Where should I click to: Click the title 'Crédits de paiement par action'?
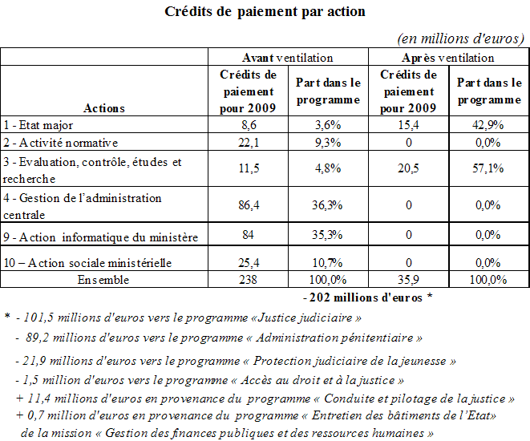[265, 12]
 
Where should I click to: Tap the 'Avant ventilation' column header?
[288, 58]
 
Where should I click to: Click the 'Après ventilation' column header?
[448, 58]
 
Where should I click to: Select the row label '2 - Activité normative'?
[60, 143]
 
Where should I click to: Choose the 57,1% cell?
[488, 169]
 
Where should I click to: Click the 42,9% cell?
[488, 126]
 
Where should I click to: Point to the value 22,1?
[248, 143]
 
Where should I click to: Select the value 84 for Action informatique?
[248, 236]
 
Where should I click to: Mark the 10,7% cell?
[328, 261]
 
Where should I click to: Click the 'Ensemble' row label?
[103, 280]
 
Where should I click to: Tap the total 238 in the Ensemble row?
[248, 280]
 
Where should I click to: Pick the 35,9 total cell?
[408, 280]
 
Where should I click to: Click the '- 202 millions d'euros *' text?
[368, 297]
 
